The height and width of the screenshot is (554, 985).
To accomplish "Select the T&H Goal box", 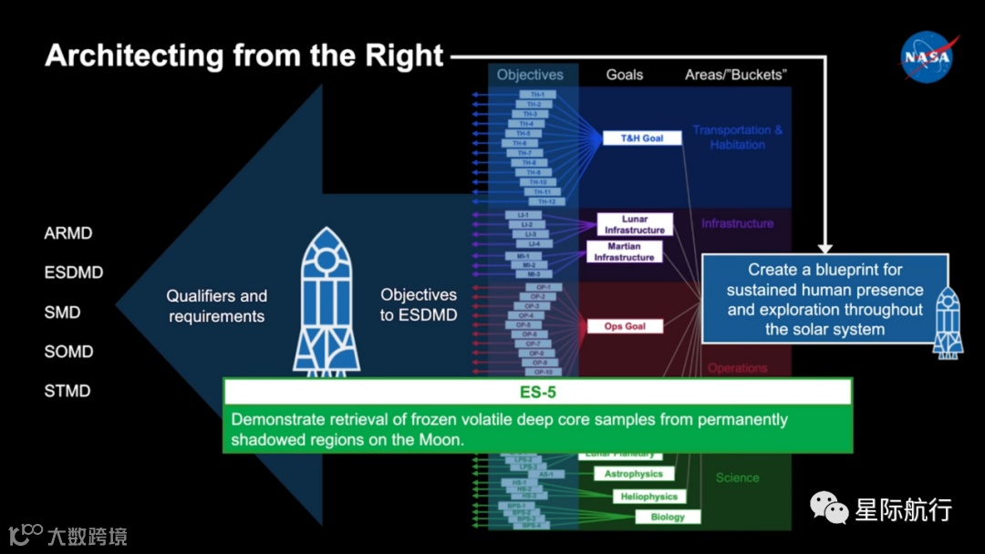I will coord(642,138).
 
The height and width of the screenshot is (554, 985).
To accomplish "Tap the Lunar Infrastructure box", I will coord(635,225).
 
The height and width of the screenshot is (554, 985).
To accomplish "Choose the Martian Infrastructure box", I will coord(624,251).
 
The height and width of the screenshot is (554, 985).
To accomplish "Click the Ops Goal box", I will coord(625,326).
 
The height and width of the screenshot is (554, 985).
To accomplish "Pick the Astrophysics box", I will coord(634,474).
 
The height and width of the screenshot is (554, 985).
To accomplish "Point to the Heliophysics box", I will coord(648,497).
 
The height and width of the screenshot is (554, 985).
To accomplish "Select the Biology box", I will coord(668,517).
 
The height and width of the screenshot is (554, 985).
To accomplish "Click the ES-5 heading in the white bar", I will coord(537,393).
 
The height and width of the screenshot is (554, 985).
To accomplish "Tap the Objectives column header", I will coord(530,75).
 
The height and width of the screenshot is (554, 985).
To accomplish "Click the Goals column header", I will coord(625,75).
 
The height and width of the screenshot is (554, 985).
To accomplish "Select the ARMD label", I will coord(68,233).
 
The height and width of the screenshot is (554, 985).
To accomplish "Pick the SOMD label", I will coord(68,352).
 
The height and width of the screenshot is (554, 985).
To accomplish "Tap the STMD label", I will coord(67,391).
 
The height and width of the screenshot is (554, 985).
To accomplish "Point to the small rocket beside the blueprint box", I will coord(949,321).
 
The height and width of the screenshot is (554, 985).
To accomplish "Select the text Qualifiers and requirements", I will coord(216,306).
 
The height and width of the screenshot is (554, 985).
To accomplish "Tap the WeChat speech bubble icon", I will coord(829,508).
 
